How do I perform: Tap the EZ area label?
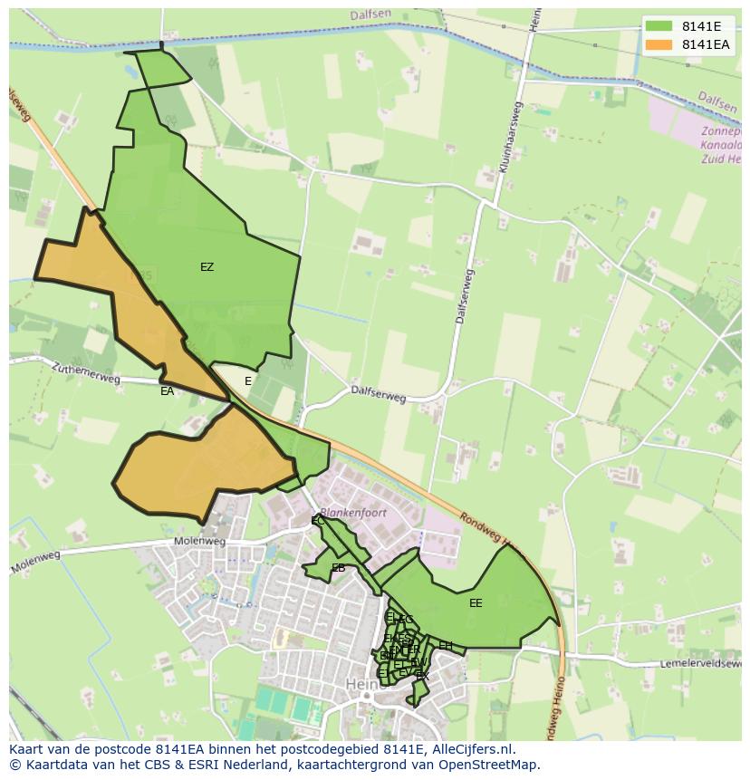[207, 267]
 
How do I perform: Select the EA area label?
[167, 391]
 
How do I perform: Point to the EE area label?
[476, 603]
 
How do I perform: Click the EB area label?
[338, 568]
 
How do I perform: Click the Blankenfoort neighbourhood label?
[353, 513]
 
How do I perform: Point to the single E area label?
[248, 381]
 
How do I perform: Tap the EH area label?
[445, 645]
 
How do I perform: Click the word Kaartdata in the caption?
[52, 765]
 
